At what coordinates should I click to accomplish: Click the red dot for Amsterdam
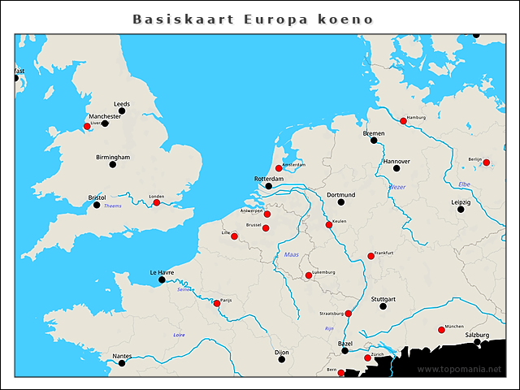[279, 168]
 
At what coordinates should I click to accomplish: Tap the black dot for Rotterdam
[270, 187]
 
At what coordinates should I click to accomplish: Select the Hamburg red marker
[403, 121]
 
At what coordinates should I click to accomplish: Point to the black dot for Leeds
[122, 111]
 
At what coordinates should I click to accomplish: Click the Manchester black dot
[105, 123]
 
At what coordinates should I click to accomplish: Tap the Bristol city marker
[96, 205]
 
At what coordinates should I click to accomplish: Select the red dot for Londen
[156, 202]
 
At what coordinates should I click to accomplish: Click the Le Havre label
[162, 272]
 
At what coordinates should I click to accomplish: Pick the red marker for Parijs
[216, 303]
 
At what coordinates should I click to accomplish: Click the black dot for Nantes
[122, 362]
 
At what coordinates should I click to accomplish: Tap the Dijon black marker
[281, 359]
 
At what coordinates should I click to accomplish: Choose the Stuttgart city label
[383, 299]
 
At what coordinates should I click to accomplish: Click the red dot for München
[441, 330]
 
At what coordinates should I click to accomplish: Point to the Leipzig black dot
[461, 210]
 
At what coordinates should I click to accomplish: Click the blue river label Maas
[291, 255]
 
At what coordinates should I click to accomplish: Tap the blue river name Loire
[179, 335]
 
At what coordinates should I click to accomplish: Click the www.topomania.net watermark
[459, 370]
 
